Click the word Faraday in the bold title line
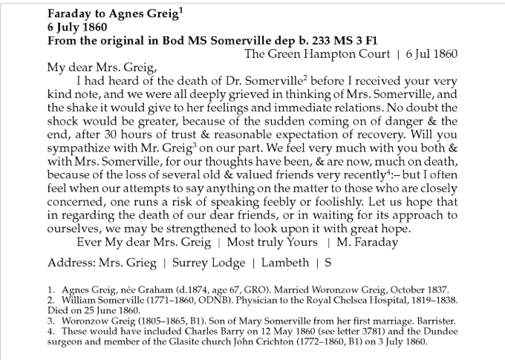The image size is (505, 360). (x=69, y=13)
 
